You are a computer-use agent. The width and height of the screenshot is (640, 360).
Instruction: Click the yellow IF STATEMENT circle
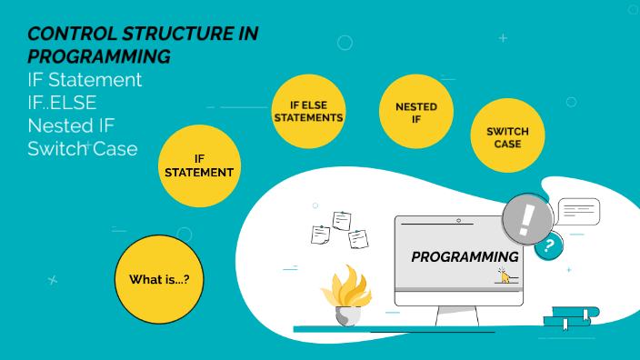pyautogui.click(x=199, y=165)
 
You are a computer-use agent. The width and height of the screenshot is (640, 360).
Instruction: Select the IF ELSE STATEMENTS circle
pyautogui.click(x=309, y=111)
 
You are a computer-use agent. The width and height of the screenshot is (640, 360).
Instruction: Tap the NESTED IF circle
pyautogui.click(x=416, y=112)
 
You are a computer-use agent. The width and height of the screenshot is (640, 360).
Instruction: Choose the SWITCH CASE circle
pyautogui.click(x=507, y=136)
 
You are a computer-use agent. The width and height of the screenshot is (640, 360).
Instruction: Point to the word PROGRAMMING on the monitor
pyautogui.click(x=465, y=257)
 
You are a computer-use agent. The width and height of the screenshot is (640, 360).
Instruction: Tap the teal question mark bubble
pyautogui.click(x=548, y=245)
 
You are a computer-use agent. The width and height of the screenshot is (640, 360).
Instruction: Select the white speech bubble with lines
pyautogui.click(x=579, y=212)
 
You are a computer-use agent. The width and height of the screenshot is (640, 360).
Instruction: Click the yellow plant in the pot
pyautogui.click(x=345, y=286)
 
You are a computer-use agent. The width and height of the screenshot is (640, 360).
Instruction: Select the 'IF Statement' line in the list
pyautogui.click(x=85, y=80)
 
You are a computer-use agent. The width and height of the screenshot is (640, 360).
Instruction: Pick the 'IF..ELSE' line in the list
pyautogui.click(x=63, y=103)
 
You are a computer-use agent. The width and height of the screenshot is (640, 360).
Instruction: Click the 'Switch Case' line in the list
pyautogui.click(x=83, y=148)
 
